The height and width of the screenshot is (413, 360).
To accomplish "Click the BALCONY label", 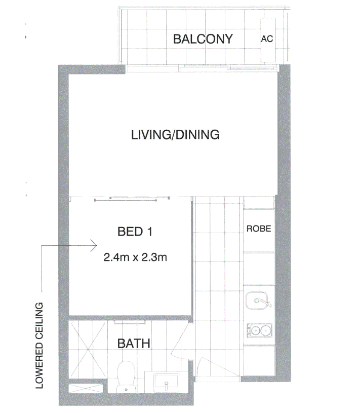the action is pos(203,39).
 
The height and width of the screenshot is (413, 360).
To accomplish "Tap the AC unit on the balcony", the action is pos(268,40).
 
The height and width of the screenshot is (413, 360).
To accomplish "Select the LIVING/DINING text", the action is pos(175,135).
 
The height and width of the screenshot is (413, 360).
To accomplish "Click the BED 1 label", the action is pos(135,232).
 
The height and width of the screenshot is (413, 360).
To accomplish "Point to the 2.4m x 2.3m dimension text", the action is pos(135,257).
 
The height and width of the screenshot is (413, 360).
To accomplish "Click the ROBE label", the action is pos(259,229).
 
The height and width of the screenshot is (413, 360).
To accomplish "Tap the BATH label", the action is pos(134,344).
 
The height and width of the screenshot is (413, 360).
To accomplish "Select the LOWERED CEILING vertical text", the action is pos(39,345).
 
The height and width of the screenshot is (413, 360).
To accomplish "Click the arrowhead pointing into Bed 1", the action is pos(94,245).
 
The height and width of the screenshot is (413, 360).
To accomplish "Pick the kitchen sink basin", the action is pos(257,301).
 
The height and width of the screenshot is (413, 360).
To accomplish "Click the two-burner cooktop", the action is pos(259,330).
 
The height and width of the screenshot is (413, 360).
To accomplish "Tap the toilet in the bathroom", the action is pos(126,377).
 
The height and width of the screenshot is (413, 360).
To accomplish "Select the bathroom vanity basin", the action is pos(166,382).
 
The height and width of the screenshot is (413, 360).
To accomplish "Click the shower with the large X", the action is pos(88,349).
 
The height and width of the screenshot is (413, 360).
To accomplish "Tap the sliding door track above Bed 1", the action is pos(132,199).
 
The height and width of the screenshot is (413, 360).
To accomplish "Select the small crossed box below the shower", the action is pos(86,389).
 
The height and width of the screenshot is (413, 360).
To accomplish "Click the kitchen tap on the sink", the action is pos(264,302).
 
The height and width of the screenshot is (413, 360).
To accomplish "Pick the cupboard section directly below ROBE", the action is pos(259,268).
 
